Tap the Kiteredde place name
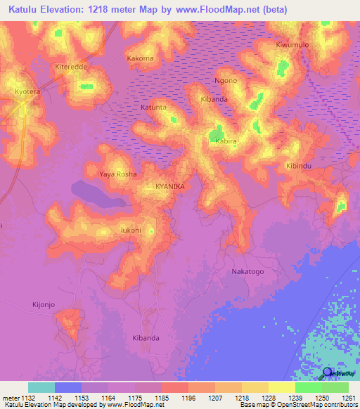68,67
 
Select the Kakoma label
140,58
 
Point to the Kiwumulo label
292,45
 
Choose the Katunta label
153,108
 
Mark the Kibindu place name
298,165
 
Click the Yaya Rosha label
117,174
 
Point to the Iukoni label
131,230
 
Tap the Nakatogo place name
247,271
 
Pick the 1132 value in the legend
28,398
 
